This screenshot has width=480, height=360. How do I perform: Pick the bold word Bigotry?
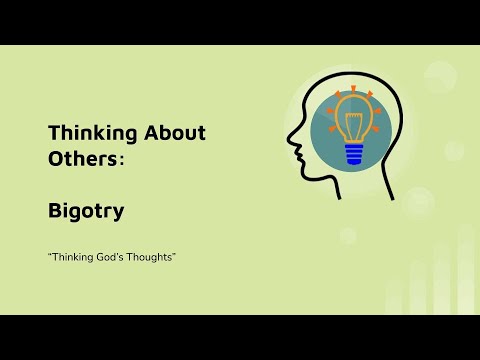click(86, 212)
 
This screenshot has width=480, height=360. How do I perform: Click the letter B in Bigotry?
click(55, 212)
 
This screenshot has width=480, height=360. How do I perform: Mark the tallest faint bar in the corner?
click(466, 270)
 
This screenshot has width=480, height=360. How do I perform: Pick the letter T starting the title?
click(53, 133)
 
